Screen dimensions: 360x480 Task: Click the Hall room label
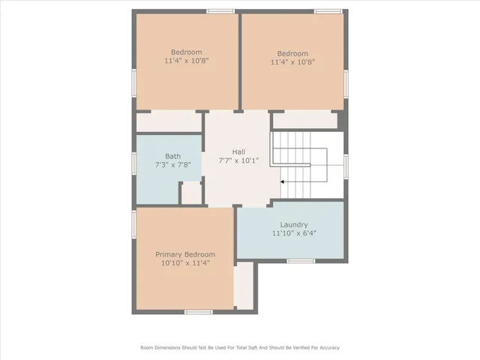coord(238,151)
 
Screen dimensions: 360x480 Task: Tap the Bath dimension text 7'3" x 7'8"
coord(173,165)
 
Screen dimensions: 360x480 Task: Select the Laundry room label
coord(294,224)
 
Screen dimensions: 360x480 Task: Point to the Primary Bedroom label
coord(185,254)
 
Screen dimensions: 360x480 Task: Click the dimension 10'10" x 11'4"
coord(185,263)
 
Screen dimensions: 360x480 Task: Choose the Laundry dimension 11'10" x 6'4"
coord(294,233)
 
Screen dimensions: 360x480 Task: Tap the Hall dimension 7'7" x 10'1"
coord(238,160)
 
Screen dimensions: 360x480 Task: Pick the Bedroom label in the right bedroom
coord(292,53)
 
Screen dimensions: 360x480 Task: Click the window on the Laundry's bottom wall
coord(300,261)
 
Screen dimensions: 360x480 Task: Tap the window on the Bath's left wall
coord(133,163)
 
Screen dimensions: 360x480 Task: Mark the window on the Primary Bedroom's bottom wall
coord(199,312)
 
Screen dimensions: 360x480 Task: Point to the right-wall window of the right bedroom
coord(346,82)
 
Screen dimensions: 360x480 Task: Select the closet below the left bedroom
coord(168,121)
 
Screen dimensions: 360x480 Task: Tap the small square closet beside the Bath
coord(192,193)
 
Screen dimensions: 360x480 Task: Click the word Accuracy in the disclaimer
coord(328,347)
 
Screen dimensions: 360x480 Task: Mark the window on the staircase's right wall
coord(346,165)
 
